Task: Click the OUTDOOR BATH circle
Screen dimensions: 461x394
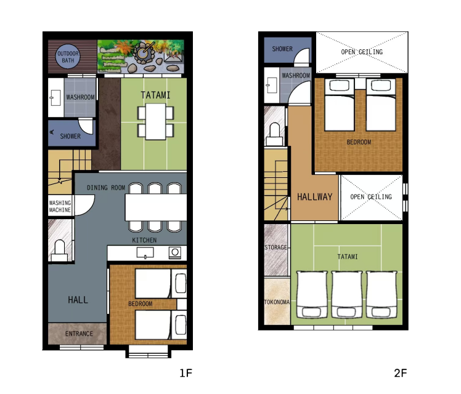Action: tap(68, 57)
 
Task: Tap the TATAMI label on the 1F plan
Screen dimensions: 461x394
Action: tap(155, 95)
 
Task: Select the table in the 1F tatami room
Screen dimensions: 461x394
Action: tap(155, 121)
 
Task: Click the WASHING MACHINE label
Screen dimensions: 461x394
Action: tap(60, 206)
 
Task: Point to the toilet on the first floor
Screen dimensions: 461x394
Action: tap(60, 250)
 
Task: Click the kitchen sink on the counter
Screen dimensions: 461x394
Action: tap(145, 253)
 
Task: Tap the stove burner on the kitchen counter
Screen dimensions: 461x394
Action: tap(175, 252)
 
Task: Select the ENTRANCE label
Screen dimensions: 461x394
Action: tap(79, 334)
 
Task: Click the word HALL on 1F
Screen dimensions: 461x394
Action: tap(78, 300)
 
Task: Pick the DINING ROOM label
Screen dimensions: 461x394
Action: tap(106, 188)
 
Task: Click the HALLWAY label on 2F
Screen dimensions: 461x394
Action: tap(314, 197)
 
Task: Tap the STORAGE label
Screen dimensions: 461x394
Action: tap(275, 247)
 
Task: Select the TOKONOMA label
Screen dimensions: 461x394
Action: tap(277, 302)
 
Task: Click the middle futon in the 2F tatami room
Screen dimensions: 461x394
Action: tap(346, 294)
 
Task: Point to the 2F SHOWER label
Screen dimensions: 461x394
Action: tap(282, 49)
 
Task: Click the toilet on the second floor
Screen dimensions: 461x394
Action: tap(275, 134)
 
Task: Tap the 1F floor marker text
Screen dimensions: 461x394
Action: tap(186, 373)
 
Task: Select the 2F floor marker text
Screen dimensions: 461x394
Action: tap(401, 373)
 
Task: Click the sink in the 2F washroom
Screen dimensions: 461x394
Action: tap(271, 85)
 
